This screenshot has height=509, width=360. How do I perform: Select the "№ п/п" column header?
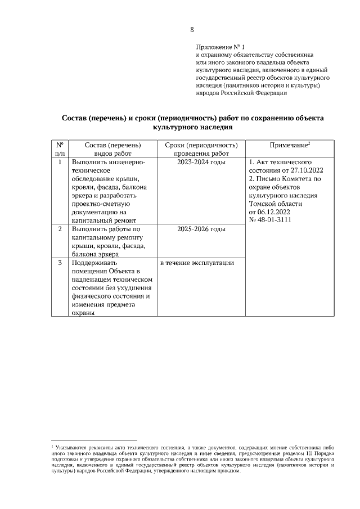(x=60, y=149)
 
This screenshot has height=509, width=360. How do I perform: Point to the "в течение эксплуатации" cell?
(x=197, y=263)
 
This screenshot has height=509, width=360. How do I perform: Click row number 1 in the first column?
(x=60, y=163)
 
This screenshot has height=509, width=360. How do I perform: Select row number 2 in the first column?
(x=60, y=229)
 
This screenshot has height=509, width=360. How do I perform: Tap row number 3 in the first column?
(x=60, y=263)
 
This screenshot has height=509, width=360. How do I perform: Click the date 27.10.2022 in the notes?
(x=306, y=170)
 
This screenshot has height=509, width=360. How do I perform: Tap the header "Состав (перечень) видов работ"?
(x=112, y=149)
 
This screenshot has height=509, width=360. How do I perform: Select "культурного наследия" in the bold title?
(x=192, y=128)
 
